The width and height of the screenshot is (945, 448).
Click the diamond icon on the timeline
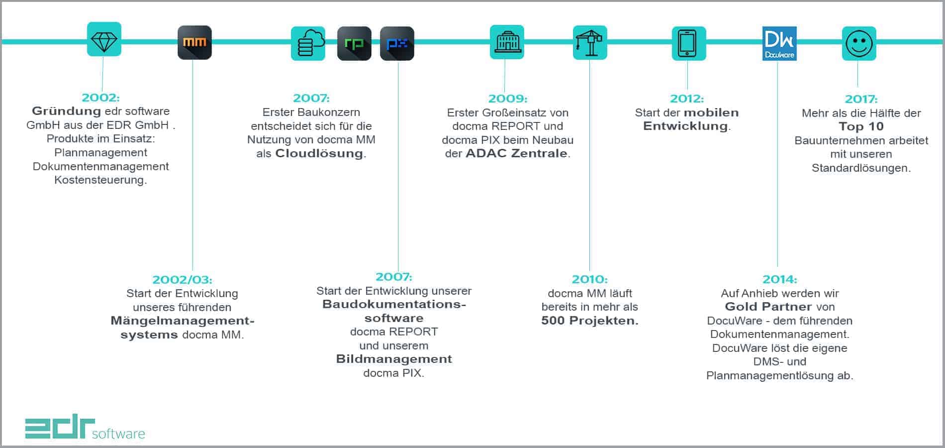(104, 39)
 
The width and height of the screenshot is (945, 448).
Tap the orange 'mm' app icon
(194, 43)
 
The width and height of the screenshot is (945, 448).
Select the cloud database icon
(308, 43)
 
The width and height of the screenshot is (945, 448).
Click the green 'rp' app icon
(354, 44)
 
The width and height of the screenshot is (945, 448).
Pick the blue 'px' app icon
(397, 44)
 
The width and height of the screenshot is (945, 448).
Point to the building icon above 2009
(507, 42)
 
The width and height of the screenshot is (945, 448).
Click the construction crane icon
(590, 43)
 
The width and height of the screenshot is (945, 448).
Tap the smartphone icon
(688, 43)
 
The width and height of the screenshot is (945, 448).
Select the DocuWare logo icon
(779, 43)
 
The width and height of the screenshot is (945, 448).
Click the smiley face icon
(859, 44)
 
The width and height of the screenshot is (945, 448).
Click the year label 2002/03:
(182, 280)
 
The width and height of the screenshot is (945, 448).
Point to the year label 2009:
(507, 99)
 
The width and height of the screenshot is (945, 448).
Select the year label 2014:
(779, 280)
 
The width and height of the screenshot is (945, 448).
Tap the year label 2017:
(861, 99)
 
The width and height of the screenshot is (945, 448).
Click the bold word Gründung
(66, 111)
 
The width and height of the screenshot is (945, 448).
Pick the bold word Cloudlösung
(319, 153)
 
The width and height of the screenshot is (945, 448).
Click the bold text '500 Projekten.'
(590, 321)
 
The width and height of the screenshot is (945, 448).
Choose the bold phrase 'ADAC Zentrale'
(516, 153)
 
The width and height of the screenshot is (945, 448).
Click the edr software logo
(85, 427)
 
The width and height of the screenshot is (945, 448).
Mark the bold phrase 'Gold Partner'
(768, 307)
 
